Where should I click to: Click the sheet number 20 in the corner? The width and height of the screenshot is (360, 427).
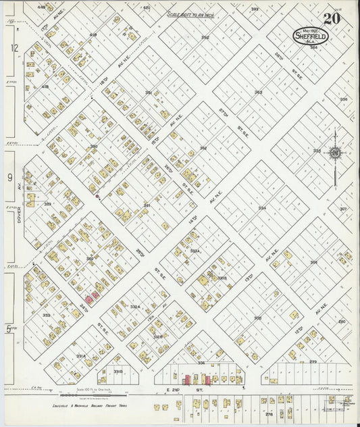click(x=331, y=18)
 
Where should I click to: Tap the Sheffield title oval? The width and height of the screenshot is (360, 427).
click(x=311, y=36)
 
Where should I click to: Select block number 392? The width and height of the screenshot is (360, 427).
click(x=205, y=37)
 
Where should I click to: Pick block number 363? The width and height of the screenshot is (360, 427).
click(x=258, y=93)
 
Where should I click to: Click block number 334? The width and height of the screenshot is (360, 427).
click(x=261, y=208)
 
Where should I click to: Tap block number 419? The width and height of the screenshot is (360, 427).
click(x=93, y=34)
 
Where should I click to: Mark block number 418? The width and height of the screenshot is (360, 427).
click(x=45, y=87)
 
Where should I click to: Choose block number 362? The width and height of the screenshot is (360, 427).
click(x=203, y=148)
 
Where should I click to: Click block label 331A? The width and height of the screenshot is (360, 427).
click(x=80, y=355)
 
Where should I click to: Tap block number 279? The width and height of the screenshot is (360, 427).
click(x=313, y=362)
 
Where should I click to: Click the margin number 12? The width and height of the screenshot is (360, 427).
click(x=12, y=48)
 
